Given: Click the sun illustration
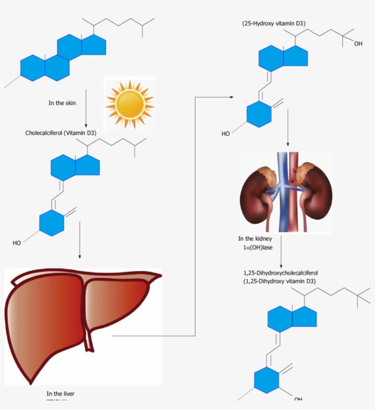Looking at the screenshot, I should pyautogui.click(x=130, y=104).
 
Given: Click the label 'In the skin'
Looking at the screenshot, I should pyautogui.click(x=62, y=103).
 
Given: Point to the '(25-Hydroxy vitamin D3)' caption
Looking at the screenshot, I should pyautogui.click(x=274, y=23).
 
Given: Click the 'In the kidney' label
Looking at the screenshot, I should pyautogui.click(x=255, y=239).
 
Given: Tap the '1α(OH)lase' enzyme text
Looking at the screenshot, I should pyautogui.click(x=258, y=247).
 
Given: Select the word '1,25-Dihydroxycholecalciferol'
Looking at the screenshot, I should pyautogui.click(x=280, y=273).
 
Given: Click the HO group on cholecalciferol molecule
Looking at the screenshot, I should pyautogui.click(x=16, y=243).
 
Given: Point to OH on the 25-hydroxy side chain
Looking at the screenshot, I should pyautogui.click(x=358, y=44).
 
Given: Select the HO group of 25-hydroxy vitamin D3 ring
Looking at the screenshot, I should pyautogui.click(x=226, y=134).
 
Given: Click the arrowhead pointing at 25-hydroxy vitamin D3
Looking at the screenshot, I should pyautogui.click(x=232, y=97).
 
